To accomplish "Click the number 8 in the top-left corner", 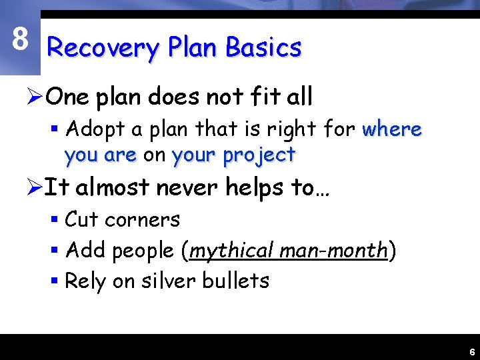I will tap(20, 40).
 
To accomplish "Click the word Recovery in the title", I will tap(103, 48).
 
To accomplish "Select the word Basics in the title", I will tap(263, 47).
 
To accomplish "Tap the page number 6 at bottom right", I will tap(471, 352).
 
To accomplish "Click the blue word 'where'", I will tap(392, 129).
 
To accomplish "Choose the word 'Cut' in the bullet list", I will tap(81, 219).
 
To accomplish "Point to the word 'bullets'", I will tap(238, 281).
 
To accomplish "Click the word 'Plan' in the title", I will tap(192, 48).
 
